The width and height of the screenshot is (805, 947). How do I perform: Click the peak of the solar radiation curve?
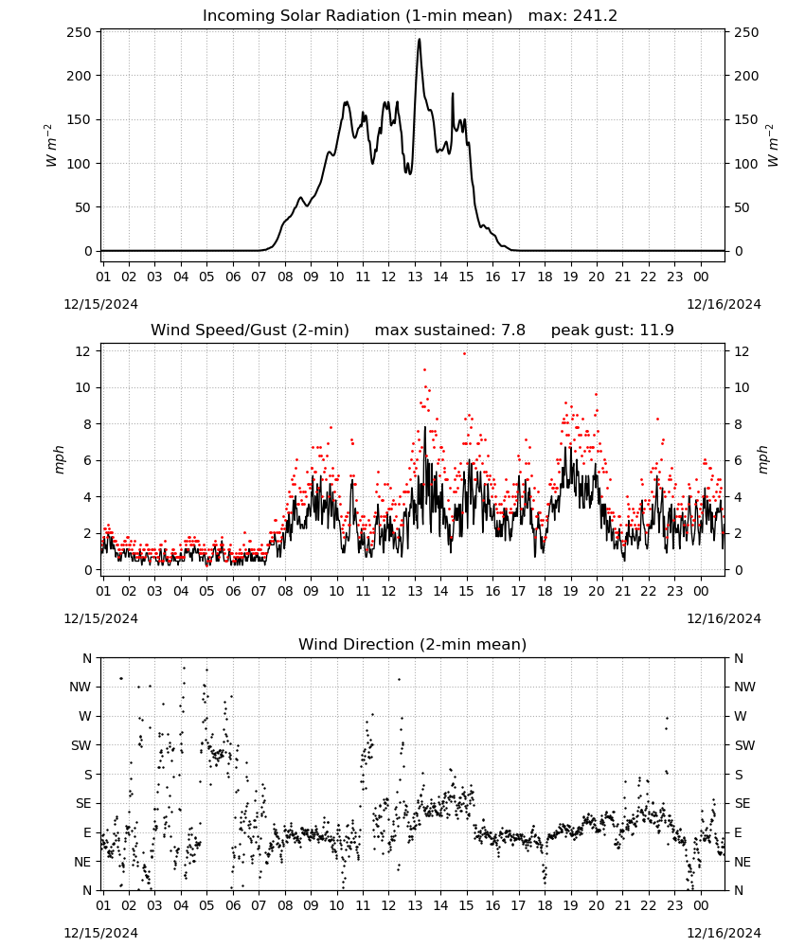(420, 40)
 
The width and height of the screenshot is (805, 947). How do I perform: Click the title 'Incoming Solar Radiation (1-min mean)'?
(357, 16)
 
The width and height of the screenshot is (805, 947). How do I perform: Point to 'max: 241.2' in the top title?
(573, 16)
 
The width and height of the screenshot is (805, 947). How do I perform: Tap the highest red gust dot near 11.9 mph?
(464, 354)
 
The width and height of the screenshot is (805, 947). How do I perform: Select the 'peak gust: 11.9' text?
(613, 331)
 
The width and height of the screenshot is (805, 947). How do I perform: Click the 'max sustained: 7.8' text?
(450, 331)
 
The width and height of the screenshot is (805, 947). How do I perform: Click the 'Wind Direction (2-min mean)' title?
(413, 644)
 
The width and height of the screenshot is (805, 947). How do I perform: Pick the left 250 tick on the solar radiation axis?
(80, 32)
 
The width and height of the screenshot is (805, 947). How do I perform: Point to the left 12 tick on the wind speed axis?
(83, 351)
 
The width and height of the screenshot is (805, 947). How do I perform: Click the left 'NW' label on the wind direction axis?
(80, 688)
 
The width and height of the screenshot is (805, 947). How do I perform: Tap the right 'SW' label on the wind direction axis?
(744, 746)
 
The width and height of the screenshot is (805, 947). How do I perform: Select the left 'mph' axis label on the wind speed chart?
(59, 459)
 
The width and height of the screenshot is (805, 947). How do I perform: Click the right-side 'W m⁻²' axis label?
(773, 146)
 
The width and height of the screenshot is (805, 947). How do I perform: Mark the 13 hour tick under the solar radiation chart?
(415, 277)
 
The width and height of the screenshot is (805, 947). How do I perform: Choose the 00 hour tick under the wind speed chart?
(701, 591)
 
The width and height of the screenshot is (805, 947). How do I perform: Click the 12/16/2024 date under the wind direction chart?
(724, 933)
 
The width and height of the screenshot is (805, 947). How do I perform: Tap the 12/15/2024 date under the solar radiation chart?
(100, 304)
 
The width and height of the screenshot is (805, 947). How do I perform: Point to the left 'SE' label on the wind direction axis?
(83, 804)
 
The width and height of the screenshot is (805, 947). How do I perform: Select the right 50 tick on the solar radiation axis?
(742, 207)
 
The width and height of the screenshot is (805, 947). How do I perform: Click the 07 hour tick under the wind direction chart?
(259, 906)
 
